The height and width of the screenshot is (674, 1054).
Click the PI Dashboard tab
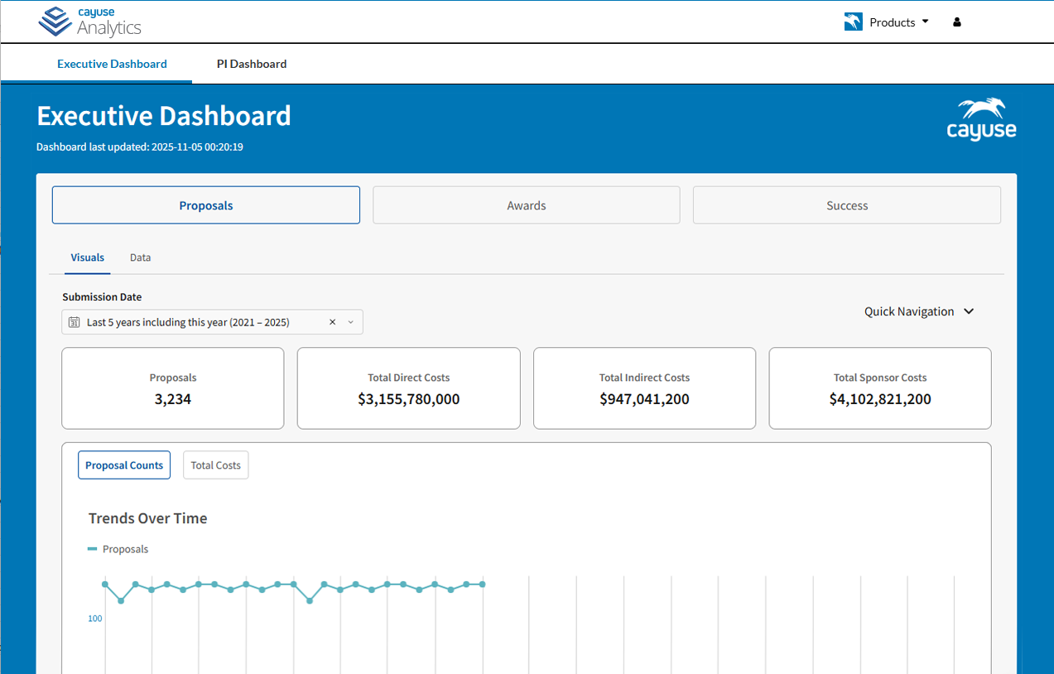252,64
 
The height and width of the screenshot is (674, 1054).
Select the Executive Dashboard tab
112,64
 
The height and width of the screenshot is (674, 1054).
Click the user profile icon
957,22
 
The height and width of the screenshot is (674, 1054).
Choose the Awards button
526,205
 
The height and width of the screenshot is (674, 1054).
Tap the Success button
846,205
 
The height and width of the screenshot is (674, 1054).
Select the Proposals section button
206,205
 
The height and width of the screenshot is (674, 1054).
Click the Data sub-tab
140,258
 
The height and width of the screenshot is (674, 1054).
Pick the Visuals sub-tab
88,258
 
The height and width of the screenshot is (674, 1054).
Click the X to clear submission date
332,322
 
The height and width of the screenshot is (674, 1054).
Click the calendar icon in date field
74,322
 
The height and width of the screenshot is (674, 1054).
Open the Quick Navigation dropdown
919,311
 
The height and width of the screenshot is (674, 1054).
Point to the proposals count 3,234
173,399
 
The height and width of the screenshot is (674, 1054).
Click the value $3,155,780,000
408,399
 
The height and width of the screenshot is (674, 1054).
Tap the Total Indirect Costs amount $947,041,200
644,399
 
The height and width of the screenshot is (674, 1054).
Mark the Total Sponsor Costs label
879,378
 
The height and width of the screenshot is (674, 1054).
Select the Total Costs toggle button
215,465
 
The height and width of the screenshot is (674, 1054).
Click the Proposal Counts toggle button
124,465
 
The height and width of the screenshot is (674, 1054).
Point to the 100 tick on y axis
95,619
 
